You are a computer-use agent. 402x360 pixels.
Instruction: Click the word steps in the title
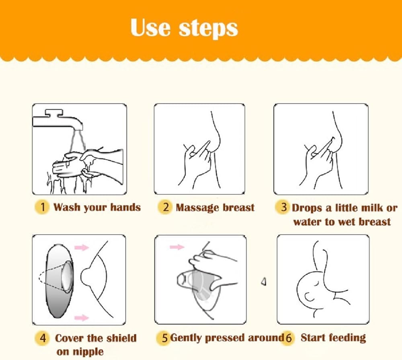point(208,29)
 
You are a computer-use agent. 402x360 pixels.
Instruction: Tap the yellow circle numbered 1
point(42,207)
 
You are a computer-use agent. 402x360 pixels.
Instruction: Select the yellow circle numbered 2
point(165,207)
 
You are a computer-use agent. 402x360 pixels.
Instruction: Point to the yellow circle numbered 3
point(283,207)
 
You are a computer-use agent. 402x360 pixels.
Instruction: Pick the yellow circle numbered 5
point(164,338)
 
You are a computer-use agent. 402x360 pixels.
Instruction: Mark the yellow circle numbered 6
point(288,338)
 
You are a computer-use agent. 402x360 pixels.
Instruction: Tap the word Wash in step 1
point(67,207)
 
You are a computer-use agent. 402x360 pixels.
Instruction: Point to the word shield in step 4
point(121,338)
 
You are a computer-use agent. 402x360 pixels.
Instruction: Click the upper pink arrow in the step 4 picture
point(82,247)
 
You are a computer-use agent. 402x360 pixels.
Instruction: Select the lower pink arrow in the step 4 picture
point(82,318)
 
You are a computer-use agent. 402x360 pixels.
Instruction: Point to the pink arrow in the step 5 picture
point(177,247)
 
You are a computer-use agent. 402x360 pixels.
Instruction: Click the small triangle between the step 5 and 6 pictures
point(264,282)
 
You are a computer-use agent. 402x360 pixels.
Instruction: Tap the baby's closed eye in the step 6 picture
point(317,284)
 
